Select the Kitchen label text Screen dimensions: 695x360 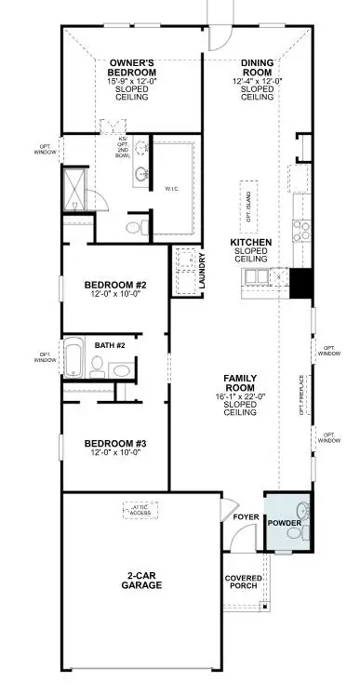[251, 243]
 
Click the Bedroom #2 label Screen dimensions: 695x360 [115, 286]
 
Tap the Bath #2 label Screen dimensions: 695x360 [110, 346]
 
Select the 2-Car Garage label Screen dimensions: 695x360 [142, 580]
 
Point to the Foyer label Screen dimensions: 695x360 [246, 516]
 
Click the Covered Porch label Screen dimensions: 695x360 [244, 583]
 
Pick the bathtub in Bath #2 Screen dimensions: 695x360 [74, 358]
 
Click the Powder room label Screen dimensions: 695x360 [284, 523]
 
